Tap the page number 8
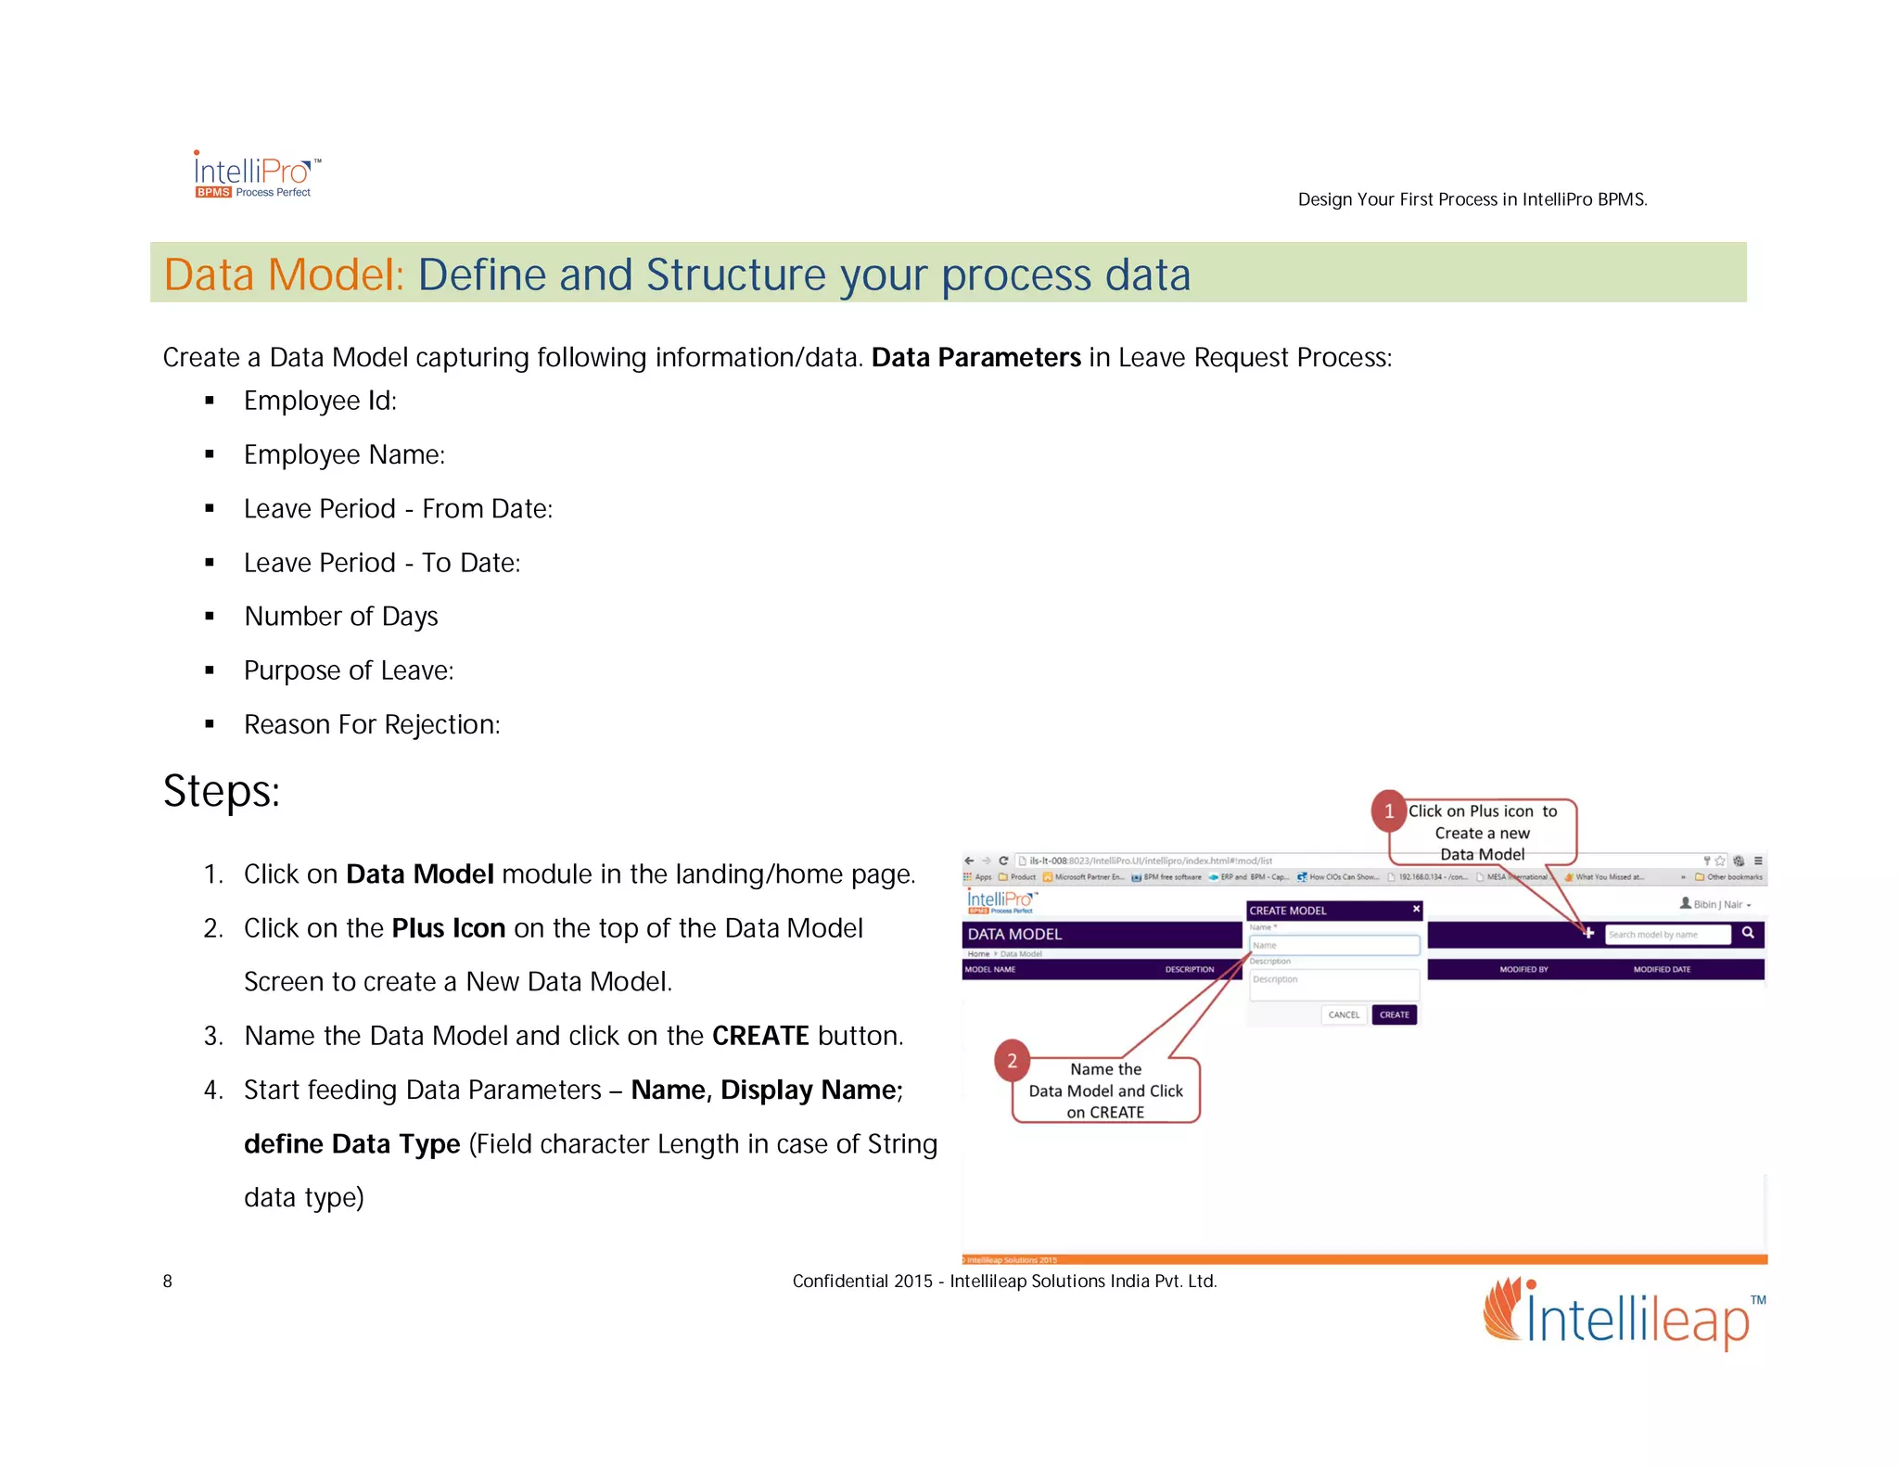click(x=168, y=1282)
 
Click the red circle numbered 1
click(x=1388, y=811)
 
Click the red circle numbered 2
click(x=1012, y=1061)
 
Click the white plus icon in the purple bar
click(x=1588, y=933)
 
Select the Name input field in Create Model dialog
click(x=1333, y=946)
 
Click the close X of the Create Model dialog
click(x=1416, y=910)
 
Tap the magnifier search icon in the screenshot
click(x=1747, y=933)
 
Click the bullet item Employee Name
click(x=344, y=455)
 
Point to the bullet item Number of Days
click(x=340, y=617)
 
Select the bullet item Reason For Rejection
click(x=371, y=725)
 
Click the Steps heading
click(x=222, y=792)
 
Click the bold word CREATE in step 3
click(x=760, y=1036)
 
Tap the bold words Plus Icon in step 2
click(x=448, y=928)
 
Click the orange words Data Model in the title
click(x=284, y=275)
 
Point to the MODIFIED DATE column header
click(x=1662, y=970)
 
